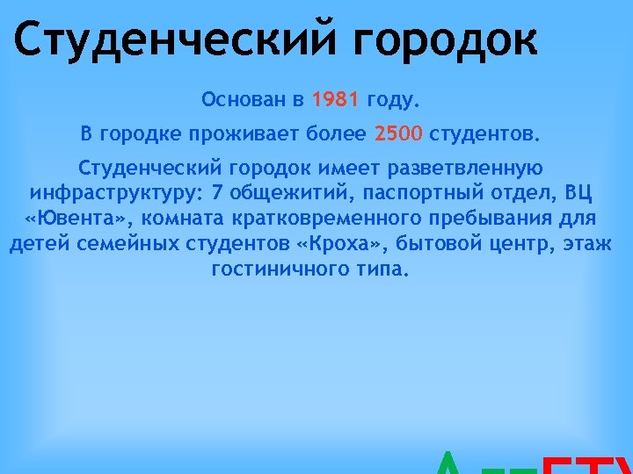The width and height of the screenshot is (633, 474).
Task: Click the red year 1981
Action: (335, 99)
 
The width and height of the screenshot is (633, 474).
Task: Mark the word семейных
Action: (137, 243)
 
